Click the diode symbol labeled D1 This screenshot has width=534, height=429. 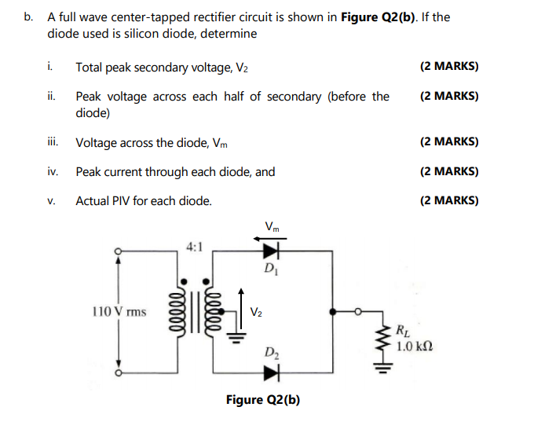coord(272,251)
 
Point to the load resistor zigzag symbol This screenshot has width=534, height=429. coord(385,341)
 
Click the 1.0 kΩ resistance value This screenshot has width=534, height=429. coord(414,346)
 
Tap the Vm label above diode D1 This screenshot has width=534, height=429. coord(272,226)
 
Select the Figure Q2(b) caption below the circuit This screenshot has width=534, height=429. coord(263,399)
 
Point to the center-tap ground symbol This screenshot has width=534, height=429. coord(233,336)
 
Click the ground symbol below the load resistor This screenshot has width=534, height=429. coord(385,367)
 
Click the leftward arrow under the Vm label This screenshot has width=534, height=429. coord(272,237)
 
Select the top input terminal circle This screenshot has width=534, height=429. coord(119,251)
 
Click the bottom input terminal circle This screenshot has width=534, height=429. coord(119,372)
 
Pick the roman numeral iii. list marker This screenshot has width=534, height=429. coord(52,142)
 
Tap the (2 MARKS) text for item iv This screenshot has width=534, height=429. coord(449,171)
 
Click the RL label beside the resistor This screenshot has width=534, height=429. coord(402,331)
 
